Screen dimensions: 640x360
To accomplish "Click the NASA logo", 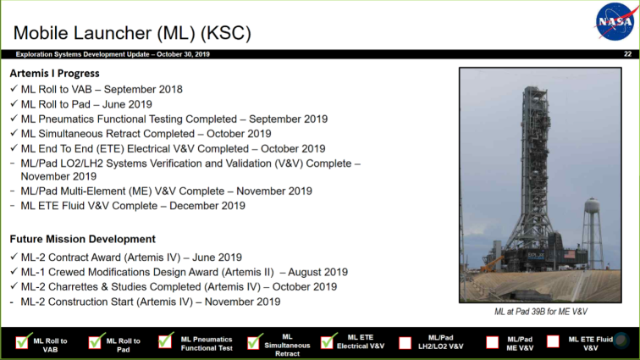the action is click(x=616, y=21).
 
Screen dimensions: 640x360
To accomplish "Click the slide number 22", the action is click(x=628, y=54).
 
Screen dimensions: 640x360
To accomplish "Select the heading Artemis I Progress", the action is click(x=55, y=74).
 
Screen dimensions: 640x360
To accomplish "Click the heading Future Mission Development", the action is click(x=82, y=239).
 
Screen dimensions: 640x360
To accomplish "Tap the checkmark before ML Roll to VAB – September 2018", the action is click(x=14, y=88).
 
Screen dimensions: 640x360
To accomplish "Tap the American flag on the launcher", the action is click(x=570, y=255).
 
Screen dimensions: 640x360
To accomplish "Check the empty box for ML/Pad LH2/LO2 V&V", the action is click(x=405, y=343).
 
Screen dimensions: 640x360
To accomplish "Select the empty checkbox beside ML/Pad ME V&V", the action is click(x=492, y=342).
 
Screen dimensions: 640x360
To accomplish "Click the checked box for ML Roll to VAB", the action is click(x=23, y=341).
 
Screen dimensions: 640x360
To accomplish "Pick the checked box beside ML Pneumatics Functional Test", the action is click(x=166, y=341).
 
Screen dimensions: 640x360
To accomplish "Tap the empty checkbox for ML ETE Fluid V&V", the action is click(x=553, y=341).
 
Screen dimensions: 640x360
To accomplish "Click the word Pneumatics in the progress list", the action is click(x=69, y=119).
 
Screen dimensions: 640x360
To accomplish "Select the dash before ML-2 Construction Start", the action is click(x=12, y=302).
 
